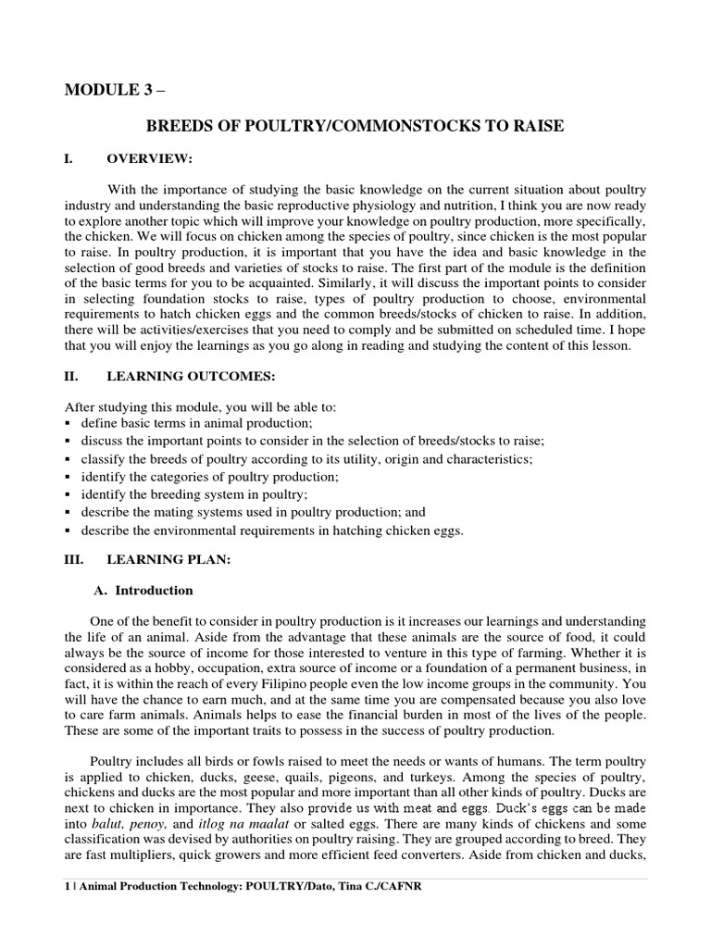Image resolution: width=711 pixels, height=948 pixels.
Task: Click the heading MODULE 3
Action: [105, 89]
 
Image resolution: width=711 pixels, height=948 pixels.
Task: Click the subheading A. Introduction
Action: [144, 590]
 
